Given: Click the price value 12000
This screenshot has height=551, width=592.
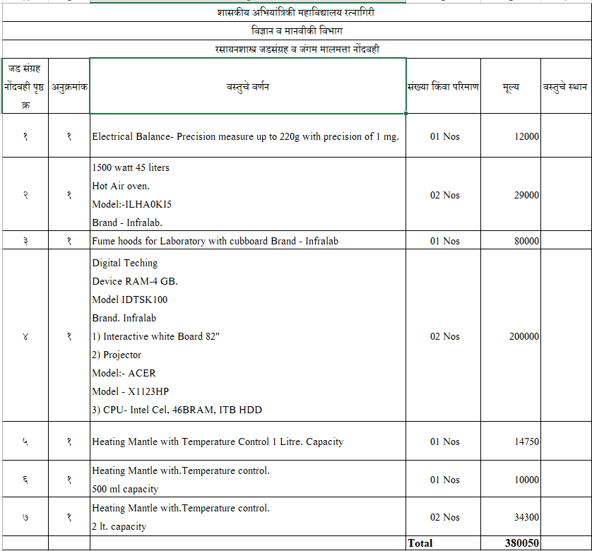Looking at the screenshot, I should (x=526, y=136).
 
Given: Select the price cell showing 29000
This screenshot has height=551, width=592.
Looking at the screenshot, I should (x=526, y=195).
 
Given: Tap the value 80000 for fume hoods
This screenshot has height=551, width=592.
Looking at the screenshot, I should (x=526, y=241).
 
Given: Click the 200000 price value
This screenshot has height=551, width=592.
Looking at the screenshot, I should (x=523, y=336).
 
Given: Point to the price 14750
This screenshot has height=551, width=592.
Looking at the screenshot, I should (x=526, y=442).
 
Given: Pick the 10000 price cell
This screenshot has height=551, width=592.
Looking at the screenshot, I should (x=526, y=480).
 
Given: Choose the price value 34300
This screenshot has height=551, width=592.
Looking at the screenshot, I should (x=526, y=517).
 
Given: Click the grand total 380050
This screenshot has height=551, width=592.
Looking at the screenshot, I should (x=522, y=543).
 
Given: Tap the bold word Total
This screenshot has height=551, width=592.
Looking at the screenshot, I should (x=420, y=543).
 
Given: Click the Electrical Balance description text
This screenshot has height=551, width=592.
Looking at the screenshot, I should (x=245, y=136).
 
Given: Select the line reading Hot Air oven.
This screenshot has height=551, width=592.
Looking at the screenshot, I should (x=121, y=186).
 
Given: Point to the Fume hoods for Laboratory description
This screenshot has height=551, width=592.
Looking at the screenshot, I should (x=215, y=241).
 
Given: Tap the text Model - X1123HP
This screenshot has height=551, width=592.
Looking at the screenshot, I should (x=131, y=391).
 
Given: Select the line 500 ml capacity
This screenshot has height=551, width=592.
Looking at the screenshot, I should (x=125, y=489).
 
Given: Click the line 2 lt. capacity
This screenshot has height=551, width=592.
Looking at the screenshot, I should (x=119, y=526).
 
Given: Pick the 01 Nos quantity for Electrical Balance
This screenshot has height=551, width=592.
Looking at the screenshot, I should (x=444, y=136).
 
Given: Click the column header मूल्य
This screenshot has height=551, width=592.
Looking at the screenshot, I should (x=511, y=86).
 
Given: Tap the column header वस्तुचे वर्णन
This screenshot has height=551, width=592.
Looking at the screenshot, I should (x=247, y=86).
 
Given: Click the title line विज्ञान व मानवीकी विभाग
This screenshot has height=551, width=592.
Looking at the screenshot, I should (x=296, y=31).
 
